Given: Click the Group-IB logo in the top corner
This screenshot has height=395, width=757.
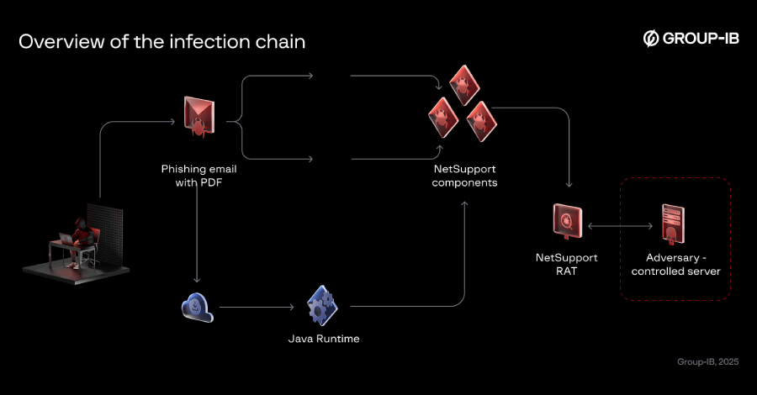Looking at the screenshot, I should [691, 39].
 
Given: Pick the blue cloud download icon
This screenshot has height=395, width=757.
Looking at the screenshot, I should [198, 307].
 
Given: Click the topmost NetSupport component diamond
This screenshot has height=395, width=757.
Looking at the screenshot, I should [463, 84].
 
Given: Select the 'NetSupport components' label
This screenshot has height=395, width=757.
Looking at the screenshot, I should [464, 176].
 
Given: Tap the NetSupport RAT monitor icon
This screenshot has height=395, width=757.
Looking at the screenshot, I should [564, 223].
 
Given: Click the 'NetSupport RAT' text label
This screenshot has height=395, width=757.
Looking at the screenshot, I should [565, 264].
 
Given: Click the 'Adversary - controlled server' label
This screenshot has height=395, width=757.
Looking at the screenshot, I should [675, 264].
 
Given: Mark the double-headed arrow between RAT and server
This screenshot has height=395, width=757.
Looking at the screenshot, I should [621, 226].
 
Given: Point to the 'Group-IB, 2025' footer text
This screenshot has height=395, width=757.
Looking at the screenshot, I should [707, 362].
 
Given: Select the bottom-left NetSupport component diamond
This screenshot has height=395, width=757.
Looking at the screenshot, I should [442, 117].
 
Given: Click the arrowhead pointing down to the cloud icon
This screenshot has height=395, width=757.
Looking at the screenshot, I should [198, 280].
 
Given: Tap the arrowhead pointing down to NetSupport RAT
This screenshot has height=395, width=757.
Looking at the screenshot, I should [570, 184].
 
